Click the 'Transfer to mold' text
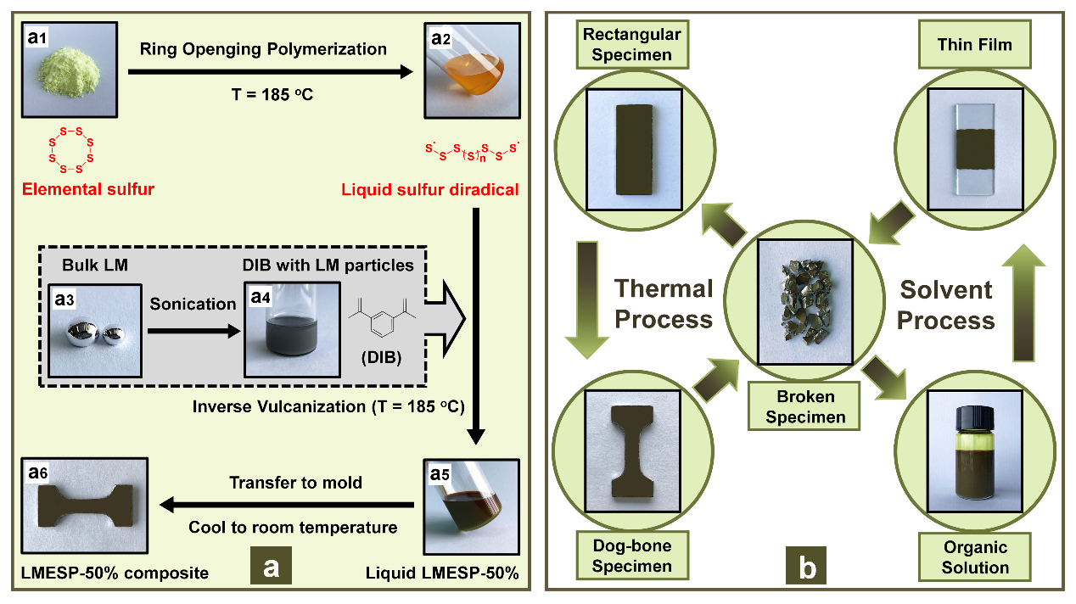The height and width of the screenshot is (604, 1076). click(295, 483)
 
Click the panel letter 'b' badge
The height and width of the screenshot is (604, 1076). click(807, 568)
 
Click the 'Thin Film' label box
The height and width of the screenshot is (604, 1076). click(975, 45)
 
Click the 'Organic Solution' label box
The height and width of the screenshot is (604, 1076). click(975, 556)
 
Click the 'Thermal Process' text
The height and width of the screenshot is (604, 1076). click(664, 304)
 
